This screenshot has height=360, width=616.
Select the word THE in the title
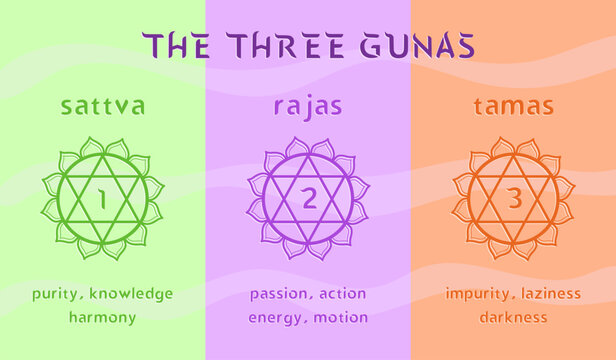[179, 45]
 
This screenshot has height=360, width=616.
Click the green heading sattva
[103, 105]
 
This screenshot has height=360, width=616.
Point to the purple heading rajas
[308, 106]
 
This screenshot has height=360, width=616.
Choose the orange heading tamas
[513, 105]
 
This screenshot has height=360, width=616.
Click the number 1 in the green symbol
[102, 198]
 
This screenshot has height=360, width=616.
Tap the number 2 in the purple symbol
[308, 198]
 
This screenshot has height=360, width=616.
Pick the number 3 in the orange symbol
[514, 198]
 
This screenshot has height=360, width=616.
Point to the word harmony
[102, 318]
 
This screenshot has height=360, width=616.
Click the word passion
[280, 294]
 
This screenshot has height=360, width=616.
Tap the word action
[344, 294]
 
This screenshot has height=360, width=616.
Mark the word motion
[342, 318]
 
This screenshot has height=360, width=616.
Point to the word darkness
[513, 318]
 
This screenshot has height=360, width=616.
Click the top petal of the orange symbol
[514, 147]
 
